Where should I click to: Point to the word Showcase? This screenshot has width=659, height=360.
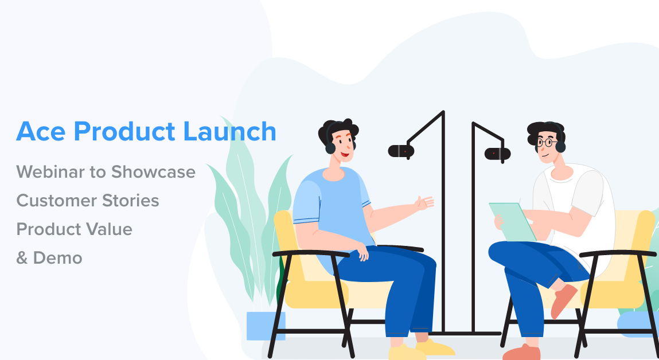click(153, 171)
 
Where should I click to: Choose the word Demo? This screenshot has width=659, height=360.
click(57, 258)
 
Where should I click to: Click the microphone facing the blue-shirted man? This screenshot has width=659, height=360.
click(401, 151)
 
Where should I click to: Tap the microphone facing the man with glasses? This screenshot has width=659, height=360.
click(497, 153)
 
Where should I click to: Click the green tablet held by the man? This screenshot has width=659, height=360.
click(512, 221)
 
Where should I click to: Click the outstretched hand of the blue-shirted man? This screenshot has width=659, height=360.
click(424, 203)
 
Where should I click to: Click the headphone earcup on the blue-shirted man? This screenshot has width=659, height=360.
click(330, 147)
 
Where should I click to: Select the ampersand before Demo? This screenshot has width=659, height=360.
click(22, 258)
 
